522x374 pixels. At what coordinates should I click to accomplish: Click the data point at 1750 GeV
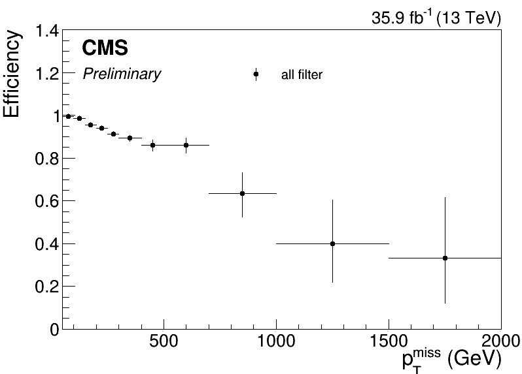[x=445, y=258]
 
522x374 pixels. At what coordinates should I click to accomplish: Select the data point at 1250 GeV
[x=332, y=243]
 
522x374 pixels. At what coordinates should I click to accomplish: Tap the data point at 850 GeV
[x=242, y=193]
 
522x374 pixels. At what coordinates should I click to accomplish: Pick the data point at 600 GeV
[x=186, y=145]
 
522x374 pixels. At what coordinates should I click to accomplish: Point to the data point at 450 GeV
[x=152, y=145]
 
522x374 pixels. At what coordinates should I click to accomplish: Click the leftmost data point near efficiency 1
[x=68, y=116]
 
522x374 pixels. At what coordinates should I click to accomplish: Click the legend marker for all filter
[x=256, y=74]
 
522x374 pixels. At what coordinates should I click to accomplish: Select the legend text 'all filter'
[x=302, y=75]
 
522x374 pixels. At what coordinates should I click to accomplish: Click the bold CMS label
[x=105, y=48]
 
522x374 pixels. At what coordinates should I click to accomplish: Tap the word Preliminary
[x=121, y=74]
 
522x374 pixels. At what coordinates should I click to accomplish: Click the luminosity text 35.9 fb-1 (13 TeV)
[x=436, y=18]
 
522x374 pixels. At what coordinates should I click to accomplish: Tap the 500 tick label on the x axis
[x=164, y=343]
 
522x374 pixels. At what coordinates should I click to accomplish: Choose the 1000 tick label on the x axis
[x=276, y=343]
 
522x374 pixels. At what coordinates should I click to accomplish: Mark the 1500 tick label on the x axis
[x=389, y=343]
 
